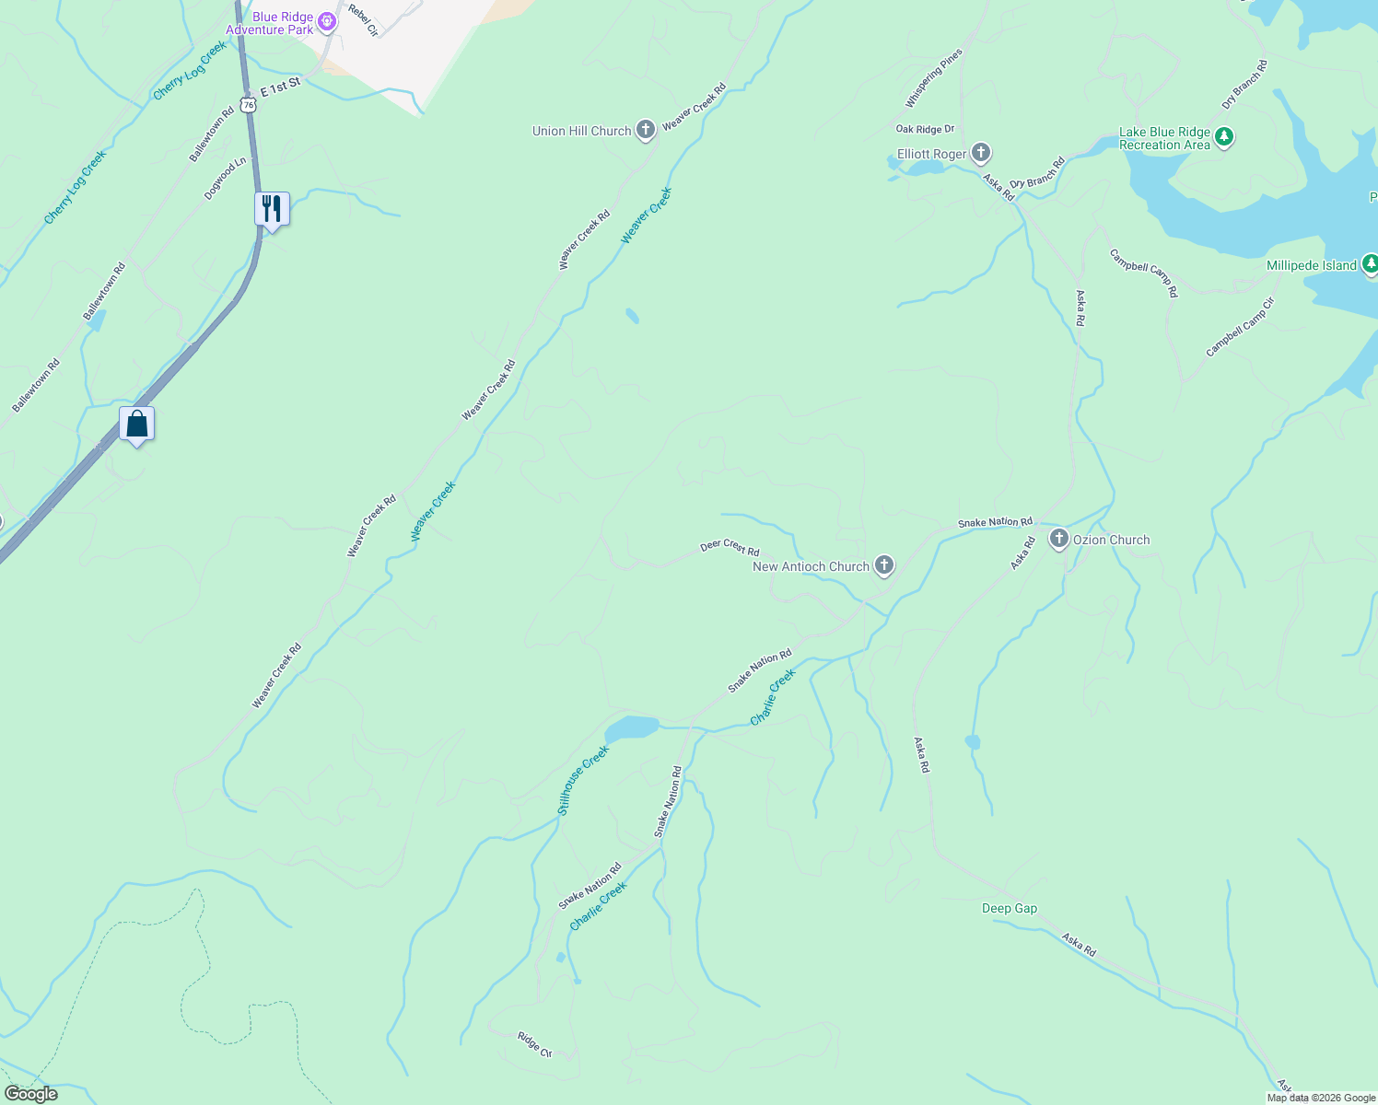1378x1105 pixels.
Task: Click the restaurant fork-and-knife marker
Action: pos(272,208)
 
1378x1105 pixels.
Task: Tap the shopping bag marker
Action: pos(137,424)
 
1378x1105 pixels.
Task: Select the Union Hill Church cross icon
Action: pos(646,130)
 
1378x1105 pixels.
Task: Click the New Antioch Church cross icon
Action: pos(884,565)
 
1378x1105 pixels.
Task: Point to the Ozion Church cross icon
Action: pos(1059,540)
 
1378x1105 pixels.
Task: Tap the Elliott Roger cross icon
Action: pos(981,153)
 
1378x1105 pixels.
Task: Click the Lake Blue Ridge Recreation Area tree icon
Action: pos(1224,138)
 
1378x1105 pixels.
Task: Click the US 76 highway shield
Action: pos(249,104)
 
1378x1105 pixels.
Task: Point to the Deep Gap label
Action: pos(1010,908)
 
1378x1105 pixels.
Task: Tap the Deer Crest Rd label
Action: pos(730,547)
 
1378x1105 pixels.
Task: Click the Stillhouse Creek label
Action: pos(583,781)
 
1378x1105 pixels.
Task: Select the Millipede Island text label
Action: pos(1312,265)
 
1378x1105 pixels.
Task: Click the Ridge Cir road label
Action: pos(534,1044)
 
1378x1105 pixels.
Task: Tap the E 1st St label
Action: pos(281,87)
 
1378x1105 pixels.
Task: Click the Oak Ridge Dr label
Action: pos(925,129)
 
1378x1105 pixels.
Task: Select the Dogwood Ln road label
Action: pos(226,179)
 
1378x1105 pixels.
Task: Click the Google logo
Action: pos(30,1094)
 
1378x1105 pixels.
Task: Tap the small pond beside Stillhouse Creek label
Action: pos(632,728)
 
